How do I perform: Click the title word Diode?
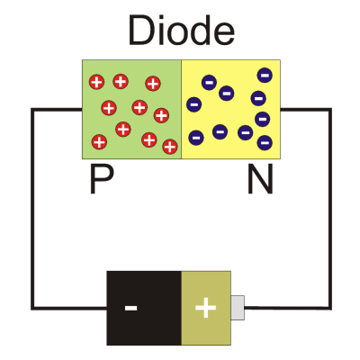181,31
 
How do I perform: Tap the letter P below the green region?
102,180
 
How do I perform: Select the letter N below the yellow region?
260,180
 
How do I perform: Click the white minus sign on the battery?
130,308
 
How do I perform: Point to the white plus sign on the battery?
205,308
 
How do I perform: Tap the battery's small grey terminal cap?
238,308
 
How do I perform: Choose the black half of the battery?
144,308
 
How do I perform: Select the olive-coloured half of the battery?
206,308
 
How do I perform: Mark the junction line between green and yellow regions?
181,110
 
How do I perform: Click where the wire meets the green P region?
82,110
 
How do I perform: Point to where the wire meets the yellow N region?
281,110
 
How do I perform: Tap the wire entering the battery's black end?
69,308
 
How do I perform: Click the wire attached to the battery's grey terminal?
288,308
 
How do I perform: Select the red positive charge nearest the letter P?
99,142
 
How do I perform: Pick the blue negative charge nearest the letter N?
265,142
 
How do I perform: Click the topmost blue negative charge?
265,75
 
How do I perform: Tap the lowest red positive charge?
170,147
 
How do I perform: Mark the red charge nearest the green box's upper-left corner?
96,82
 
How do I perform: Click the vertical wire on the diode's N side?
330,209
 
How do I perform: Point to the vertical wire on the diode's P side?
33,209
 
